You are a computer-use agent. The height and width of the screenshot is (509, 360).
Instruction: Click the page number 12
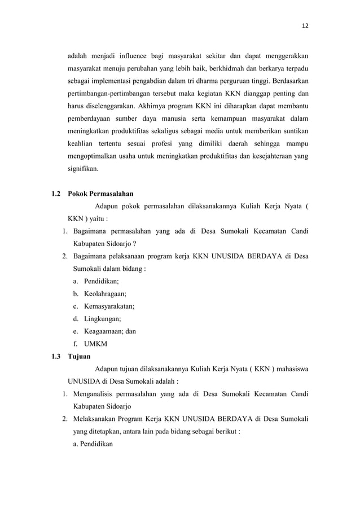click(x=306, y=26)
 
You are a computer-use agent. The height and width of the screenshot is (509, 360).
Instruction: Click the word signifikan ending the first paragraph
click(x=82, y=168)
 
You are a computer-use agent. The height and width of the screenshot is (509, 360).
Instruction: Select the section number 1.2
click(x=55, y=195)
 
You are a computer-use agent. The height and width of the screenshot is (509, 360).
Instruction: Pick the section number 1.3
click(x=55, y=357)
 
